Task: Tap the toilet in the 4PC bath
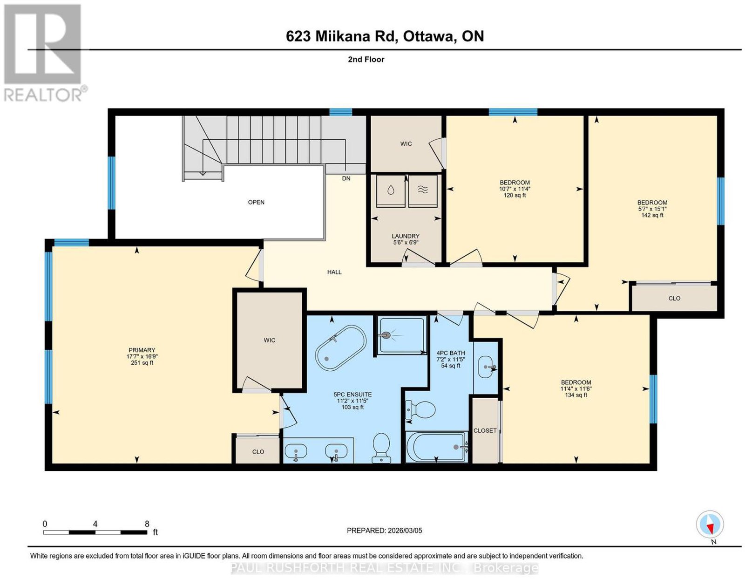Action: pyautogui.click(x=420, y=409)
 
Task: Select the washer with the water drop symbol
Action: pyautogui.click(x=391, y=191)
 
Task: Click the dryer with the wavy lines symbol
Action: pyautogui.click(x=423, y=191)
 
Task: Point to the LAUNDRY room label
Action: pyautogui.click(x=406, y=236)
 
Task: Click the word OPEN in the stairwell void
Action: pyautogui.click(x=256, y=202)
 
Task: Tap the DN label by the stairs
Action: pyautogui.click(x=346, y=178)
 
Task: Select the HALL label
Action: pyautogui.click(x=334, y=272)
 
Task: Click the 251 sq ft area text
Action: pyautogui.click(x=142, y=363)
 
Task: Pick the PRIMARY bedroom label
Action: pyautogui.click(x=142, y=350)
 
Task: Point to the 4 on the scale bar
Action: pyautogui.click(x=95, y=524)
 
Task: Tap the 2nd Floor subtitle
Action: pyautogui.click(x=366, y=59)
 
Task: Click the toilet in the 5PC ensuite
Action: pyautogui.click(x=381, y=447)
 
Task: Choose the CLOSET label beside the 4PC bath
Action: pyautogui.click(x=485, y=430)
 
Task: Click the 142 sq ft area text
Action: pyautogui.click(x=652, y=215)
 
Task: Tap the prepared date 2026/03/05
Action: pyautogui.click(x=405, y=531)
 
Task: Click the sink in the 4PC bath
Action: pyautogui.click(x=486, y=367)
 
